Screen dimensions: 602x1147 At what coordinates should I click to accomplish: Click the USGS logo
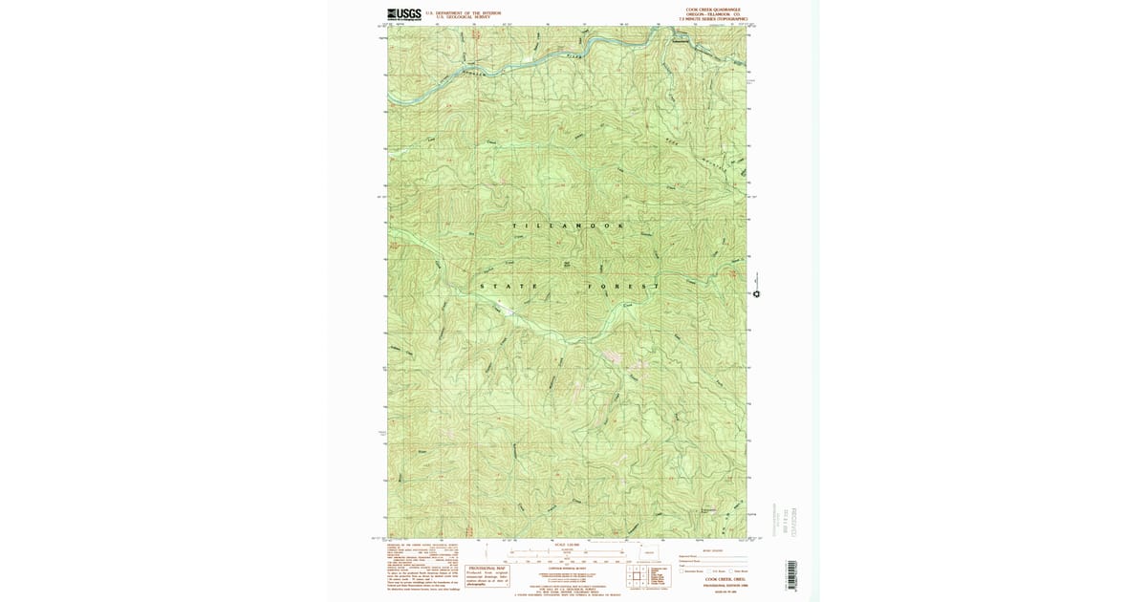point(404,14)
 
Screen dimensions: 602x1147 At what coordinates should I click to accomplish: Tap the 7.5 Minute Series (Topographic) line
point(712,19)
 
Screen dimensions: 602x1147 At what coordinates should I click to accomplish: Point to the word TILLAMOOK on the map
point(570,226)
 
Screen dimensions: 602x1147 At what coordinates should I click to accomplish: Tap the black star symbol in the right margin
point(756,294)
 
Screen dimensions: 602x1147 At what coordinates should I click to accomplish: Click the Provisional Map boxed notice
point(487,575)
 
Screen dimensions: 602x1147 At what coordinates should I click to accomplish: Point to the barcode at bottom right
point(791,573)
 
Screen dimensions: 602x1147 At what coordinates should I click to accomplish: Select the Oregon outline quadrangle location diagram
point(643,552)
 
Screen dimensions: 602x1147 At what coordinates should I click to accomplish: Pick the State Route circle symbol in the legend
point(730,571)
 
